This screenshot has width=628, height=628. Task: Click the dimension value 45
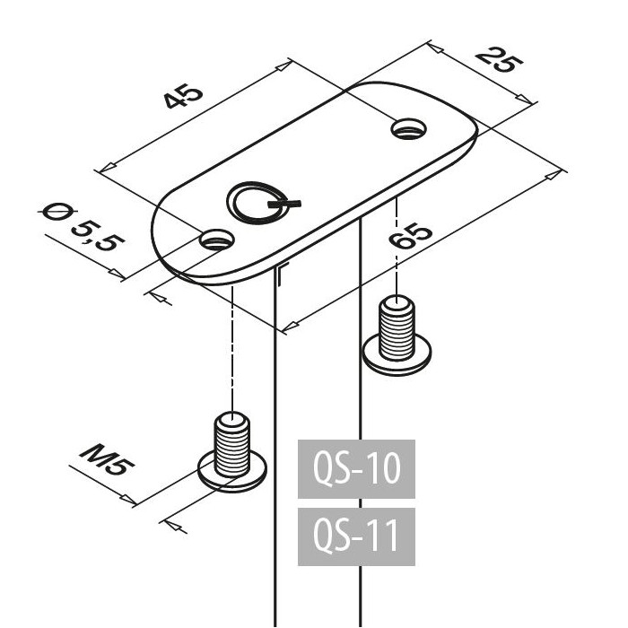(x=183, y=98)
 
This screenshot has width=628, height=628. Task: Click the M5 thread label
(x=108, y=466)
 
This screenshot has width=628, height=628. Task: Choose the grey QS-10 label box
(x=356, y=468)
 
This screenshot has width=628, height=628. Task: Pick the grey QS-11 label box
(x=356, y=536)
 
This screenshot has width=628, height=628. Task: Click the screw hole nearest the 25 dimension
(x=409, y=129)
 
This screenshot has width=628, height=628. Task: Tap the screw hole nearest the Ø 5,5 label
(x=216, y=240)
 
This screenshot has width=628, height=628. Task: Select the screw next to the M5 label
(x=233, y=453)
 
